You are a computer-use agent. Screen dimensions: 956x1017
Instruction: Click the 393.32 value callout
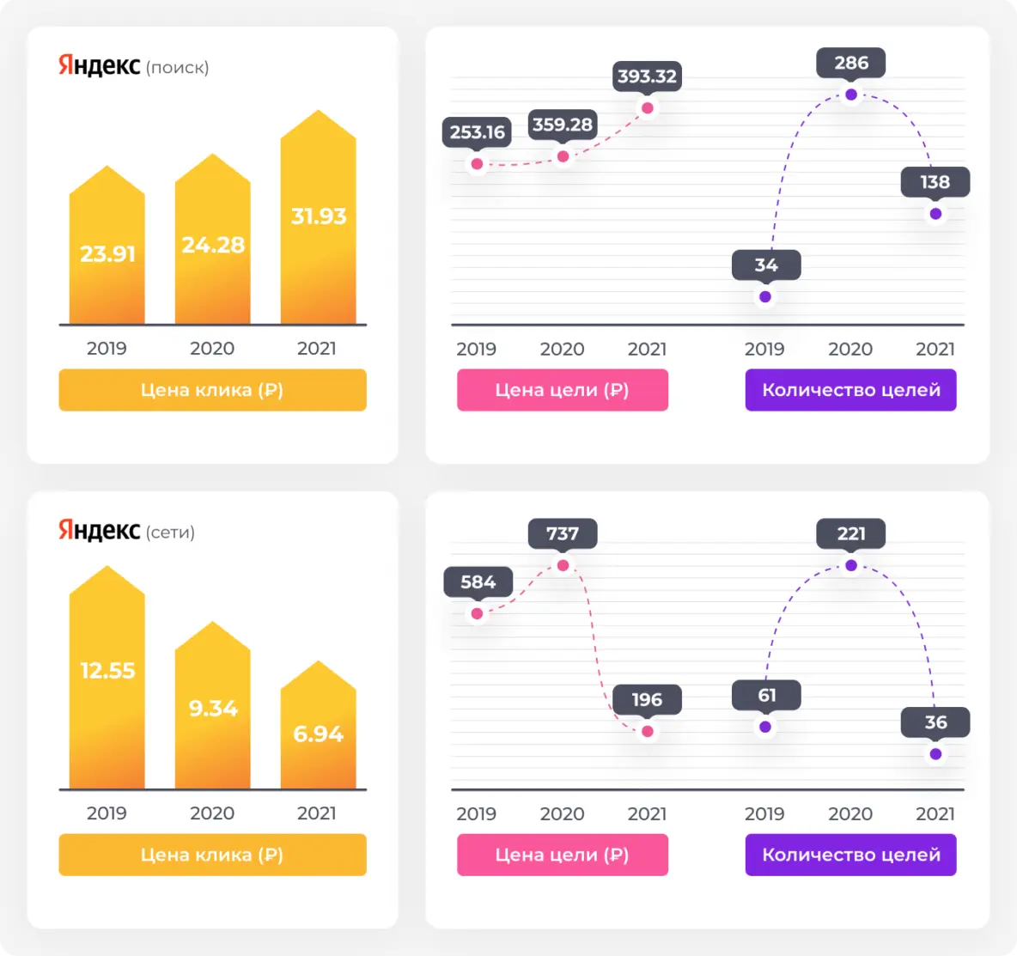tap(647, 76)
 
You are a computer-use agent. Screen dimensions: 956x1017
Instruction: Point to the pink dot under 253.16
tap(477, 164)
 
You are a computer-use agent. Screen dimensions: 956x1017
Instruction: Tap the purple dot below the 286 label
tap(851, 94)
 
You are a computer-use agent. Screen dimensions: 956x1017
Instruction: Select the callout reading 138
tap(935, 182)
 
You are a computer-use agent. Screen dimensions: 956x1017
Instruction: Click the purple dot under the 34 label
tap(765, 297)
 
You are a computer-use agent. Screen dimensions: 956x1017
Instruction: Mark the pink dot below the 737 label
tap(563, 565)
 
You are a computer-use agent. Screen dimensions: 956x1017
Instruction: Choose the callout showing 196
tap(647, 699)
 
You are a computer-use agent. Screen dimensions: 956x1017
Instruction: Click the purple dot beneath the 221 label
tap(851, 565)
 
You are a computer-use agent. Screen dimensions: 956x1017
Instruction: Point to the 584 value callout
tap(478, 582)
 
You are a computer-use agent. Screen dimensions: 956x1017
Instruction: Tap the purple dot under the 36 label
tap(935, 754)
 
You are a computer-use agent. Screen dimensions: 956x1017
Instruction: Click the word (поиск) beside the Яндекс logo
tap(178, 68)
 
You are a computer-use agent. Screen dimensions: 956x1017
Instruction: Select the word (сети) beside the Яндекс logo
tap(171, 533)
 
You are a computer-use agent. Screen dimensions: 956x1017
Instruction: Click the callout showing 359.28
tap(563, 125)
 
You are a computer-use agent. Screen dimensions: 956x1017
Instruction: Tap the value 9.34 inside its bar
tap(213, 709)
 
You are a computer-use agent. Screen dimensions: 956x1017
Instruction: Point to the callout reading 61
tap(766, 695)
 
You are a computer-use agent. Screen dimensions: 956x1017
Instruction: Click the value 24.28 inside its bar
tap(213, 246)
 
